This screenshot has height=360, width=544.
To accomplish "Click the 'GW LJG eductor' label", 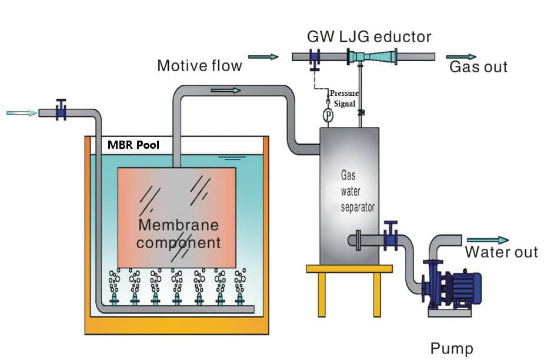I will tap(369, 36).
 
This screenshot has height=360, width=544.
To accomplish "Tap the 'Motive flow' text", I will tap(199, 65).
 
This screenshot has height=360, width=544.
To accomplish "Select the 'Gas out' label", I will tap(478, 66).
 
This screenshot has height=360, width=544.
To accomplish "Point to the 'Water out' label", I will tap(501, 252).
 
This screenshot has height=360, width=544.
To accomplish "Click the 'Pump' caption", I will tap(452, 348).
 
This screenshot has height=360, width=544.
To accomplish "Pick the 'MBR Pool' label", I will tap(134, 145).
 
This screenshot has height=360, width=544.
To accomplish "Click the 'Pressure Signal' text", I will tap(344, 98).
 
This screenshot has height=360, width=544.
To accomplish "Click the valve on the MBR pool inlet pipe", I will tap(59, 111).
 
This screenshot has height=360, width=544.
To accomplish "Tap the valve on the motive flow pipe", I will tap(315, 58).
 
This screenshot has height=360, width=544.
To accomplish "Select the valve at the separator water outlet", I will tap(390, 238).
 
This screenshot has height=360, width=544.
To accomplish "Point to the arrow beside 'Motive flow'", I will tap(263, 57).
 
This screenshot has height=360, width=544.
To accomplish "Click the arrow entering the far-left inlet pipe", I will tap(21, 112).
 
